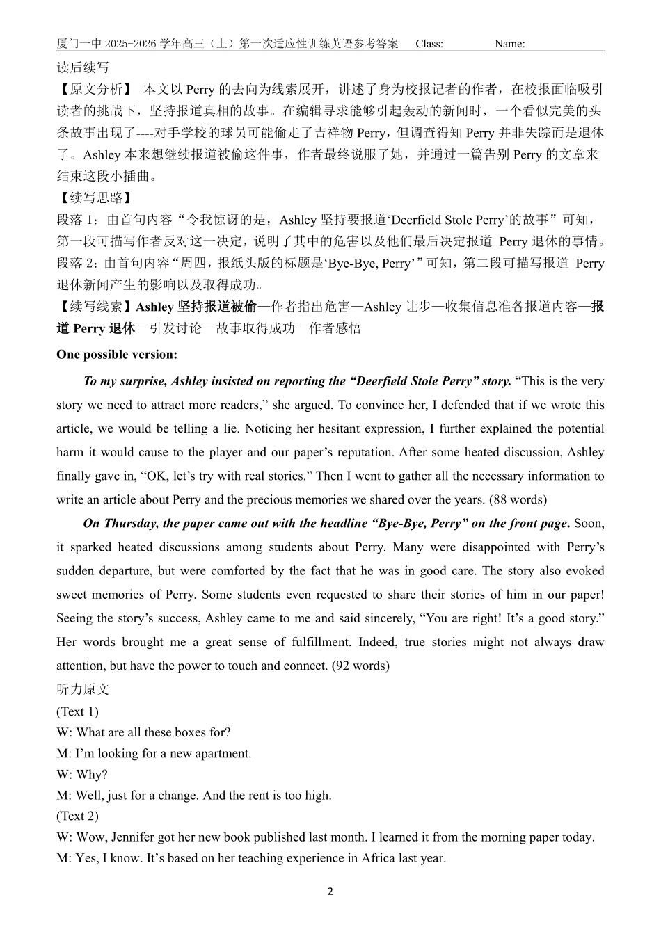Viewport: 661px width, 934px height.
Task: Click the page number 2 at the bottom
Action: (330, 892)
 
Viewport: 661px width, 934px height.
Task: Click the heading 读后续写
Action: (83, 67)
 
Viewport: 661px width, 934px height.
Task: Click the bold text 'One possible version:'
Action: (117, 355)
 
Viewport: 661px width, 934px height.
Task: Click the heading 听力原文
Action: (83, 689)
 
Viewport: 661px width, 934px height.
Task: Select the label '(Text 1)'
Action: (77, 711)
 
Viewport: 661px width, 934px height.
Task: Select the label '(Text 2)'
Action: (77, 816)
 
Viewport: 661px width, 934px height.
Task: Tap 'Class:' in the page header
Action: (429, 44)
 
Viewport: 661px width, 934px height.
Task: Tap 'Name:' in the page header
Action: (510, 44)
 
